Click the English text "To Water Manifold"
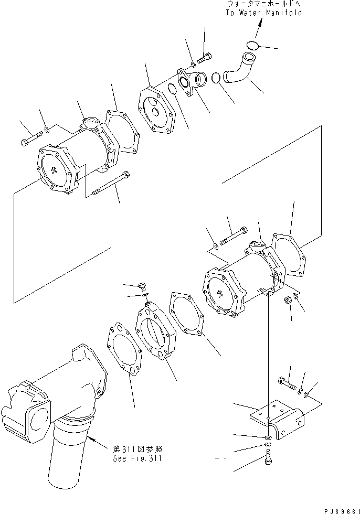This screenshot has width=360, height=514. [x=264, y=13]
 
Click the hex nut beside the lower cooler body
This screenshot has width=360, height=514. [x=288, y=301]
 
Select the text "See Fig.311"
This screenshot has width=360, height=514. [x=137, y=458]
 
